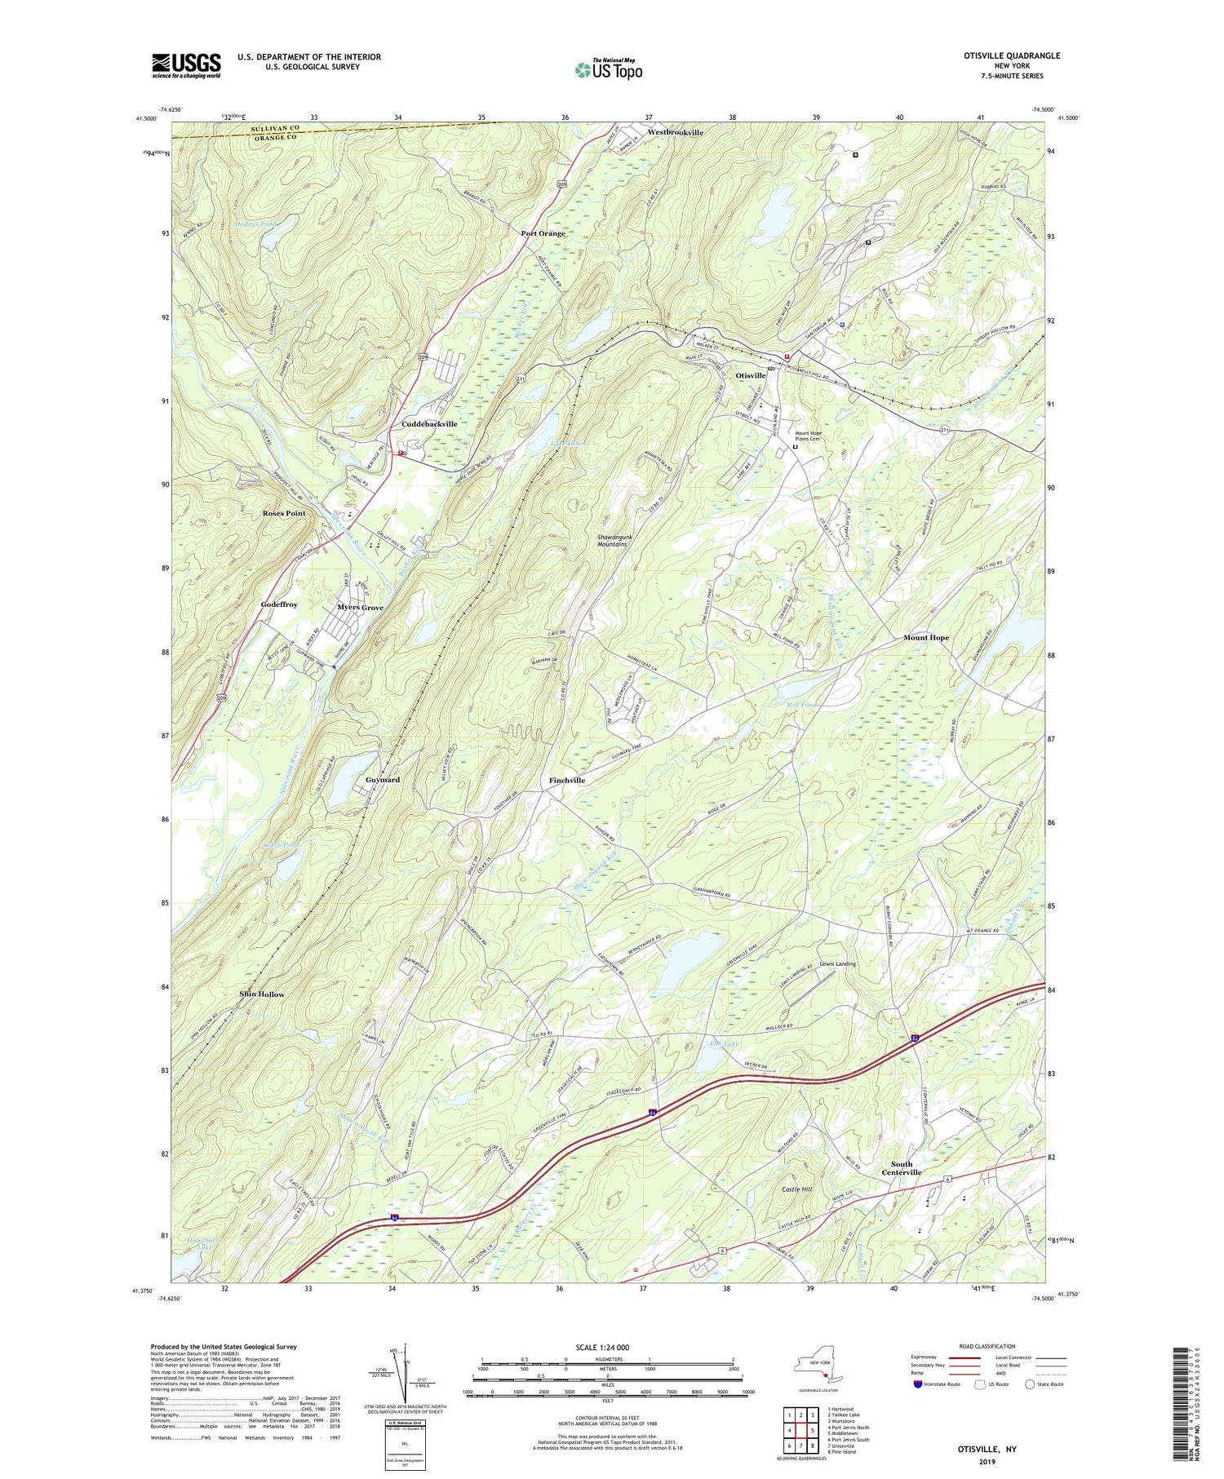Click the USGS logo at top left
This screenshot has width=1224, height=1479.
(186, 65)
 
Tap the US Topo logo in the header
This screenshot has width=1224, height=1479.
(608, 70)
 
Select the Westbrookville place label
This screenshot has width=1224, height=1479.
(675, 132)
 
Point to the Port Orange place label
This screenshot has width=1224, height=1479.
(543, 233)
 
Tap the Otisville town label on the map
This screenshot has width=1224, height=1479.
(751, 375)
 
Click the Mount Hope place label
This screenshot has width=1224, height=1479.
(925, 637)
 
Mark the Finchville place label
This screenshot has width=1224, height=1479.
(566, 780)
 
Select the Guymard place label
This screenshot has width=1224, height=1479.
(382, 780)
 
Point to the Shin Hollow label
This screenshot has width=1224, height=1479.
(261, 994)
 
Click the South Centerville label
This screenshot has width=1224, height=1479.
(901, 1168)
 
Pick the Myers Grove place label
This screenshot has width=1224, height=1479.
(360, 608)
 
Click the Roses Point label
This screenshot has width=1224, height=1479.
(284, 513)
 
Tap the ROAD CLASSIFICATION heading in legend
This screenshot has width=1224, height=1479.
(986, 1346)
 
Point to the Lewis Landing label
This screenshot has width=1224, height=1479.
(838, 963)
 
